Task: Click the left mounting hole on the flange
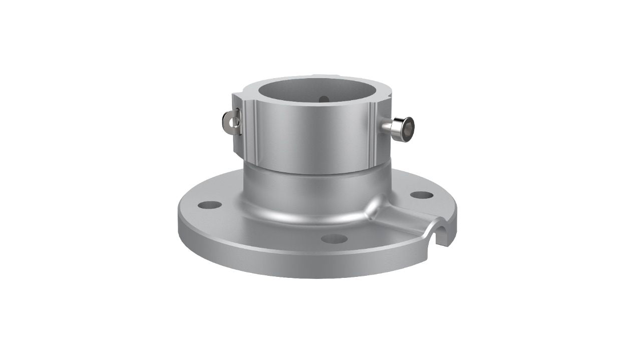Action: [209, 205]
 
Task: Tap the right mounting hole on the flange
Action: [421, 195]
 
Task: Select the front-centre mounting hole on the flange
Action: [334, 239]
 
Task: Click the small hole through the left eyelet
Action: [226, 120]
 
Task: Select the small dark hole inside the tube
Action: [324, 99]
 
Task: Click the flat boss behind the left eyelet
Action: [236, 123]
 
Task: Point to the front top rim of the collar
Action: [310, 105]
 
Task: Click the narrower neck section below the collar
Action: [315, 193]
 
